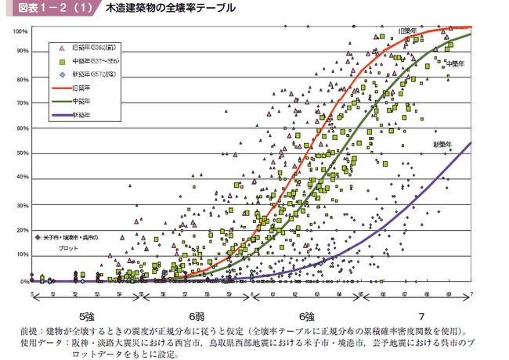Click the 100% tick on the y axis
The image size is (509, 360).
[21, 31]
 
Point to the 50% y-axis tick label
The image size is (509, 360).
[23, 153]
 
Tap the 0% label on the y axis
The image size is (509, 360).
[23, 281]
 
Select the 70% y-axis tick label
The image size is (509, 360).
[23, 103]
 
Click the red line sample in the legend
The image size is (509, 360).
[62, 88]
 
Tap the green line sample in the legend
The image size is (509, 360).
[62, 101]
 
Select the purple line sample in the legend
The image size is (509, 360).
[62, 114]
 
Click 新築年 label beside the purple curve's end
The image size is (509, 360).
[444, 145]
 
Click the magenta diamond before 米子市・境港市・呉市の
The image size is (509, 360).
[38, 236]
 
